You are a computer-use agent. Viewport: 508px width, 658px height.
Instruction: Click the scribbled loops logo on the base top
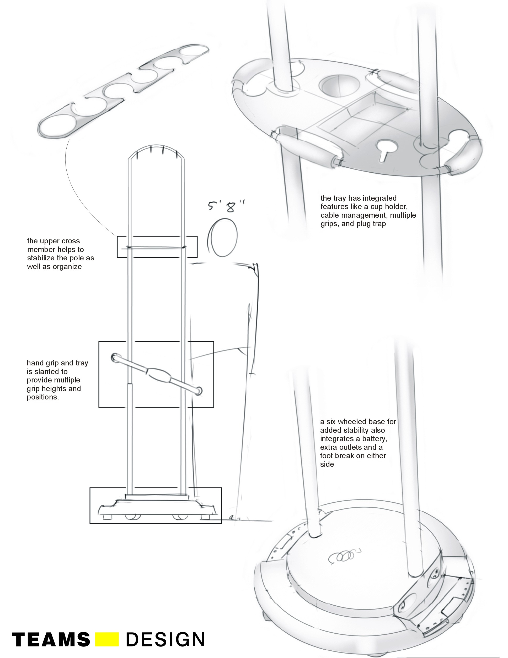tap(343, 556)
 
